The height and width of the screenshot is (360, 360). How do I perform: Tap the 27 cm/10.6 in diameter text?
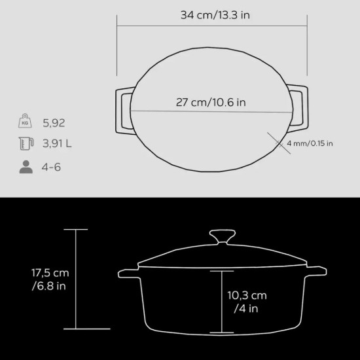point(211,102)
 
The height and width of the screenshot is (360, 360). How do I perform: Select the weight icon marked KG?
point(26,122)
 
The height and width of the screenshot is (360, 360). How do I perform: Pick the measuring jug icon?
point(26,145)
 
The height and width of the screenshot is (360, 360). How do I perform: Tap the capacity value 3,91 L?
point(56,145)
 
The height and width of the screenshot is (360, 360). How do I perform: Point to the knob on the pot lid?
point(221,236)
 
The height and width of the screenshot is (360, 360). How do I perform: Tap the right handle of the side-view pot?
point(315,270)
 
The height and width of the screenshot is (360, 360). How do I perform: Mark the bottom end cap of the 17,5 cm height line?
point(76,329)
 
